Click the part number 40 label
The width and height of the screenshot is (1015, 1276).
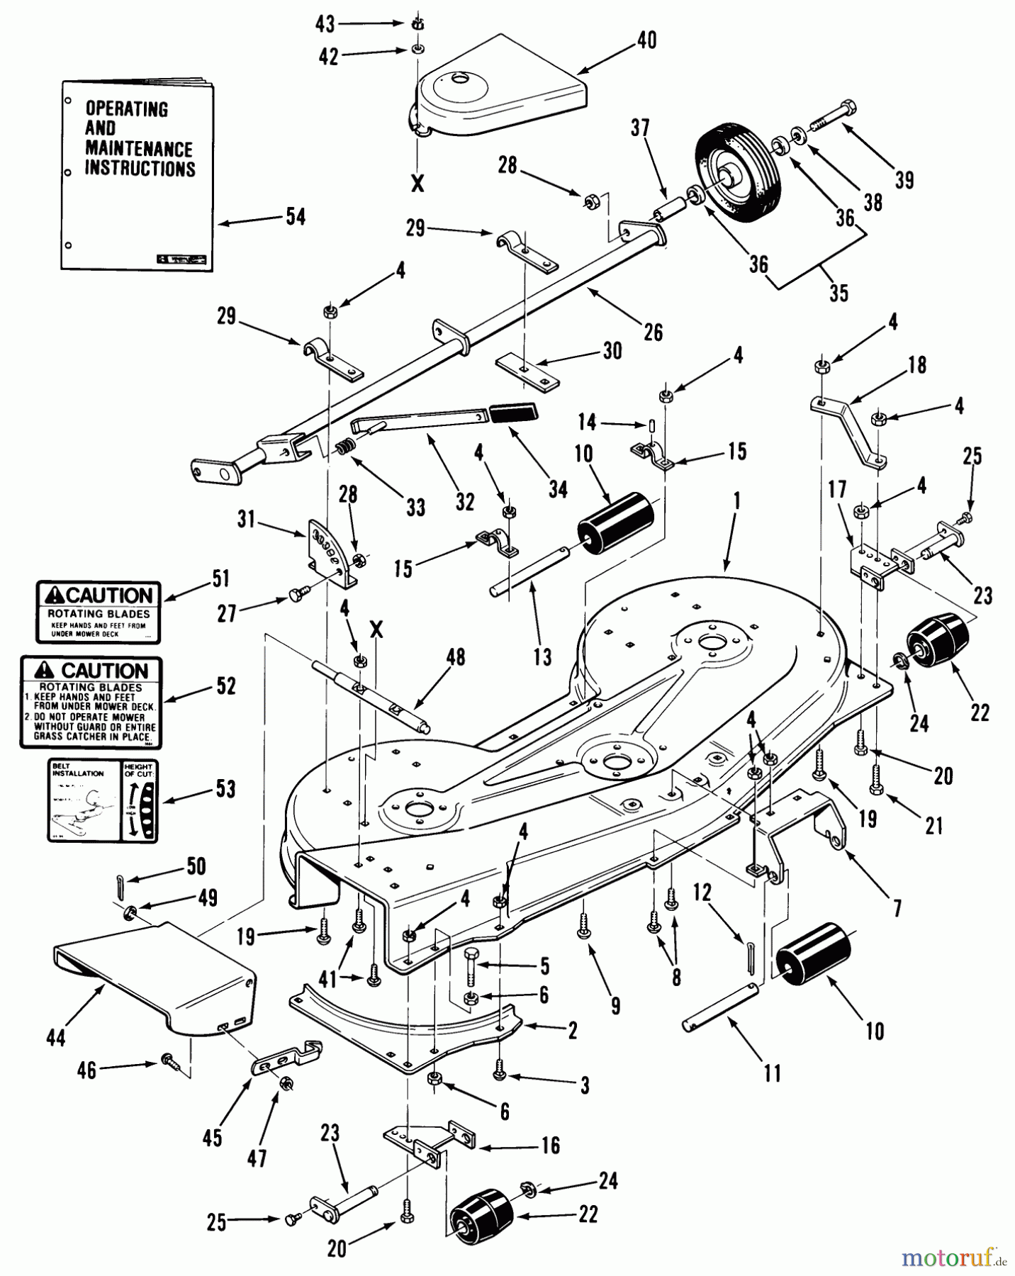click(x=646, y=40)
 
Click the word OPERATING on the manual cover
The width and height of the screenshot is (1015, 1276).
click(x=127, y=109)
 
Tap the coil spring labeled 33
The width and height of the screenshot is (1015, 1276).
click(x=344, y=449)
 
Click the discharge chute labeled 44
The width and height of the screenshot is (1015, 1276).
click(x=156, y=977)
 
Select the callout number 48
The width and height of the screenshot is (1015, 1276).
click(x=456, y=657)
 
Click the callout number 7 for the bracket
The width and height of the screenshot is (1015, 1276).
click(x=897, y=908)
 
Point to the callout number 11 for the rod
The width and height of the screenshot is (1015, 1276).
click(x=772, y=1073)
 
